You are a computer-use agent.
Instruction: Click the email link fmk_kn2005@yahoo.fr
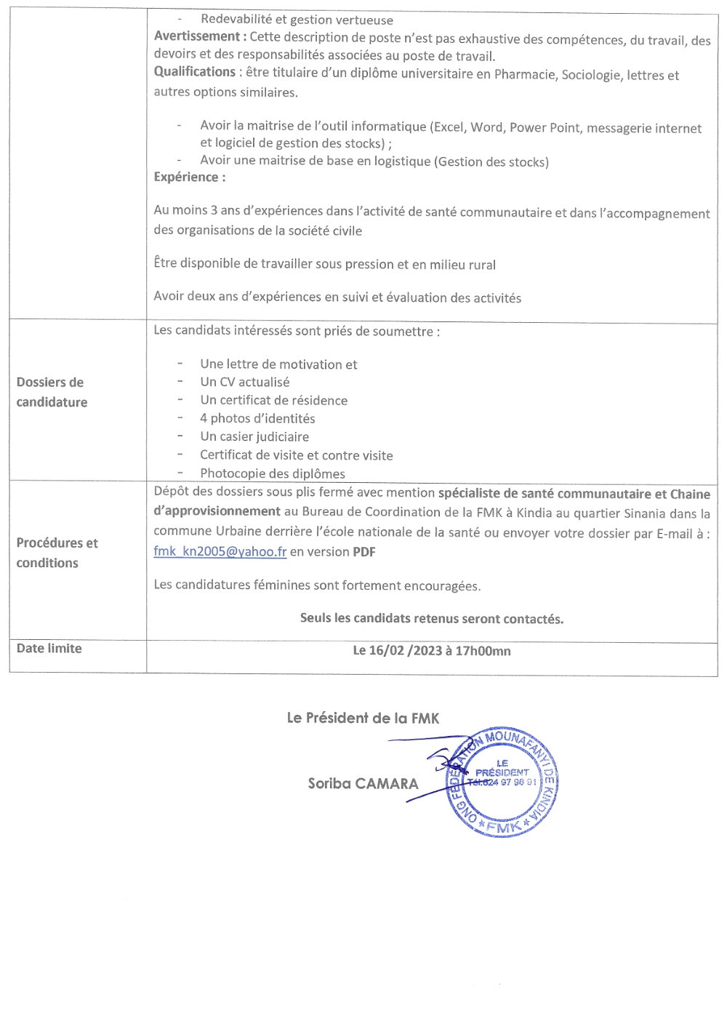point(220,551)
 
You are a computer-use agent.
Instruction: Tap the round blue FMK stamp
point(502,782)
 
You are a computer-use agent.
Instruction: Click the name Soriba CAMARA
point(363,784)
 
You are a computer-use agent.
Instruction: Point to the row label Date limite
point(49,649)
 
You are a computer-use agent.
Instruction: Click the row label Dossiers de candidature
point(52,392)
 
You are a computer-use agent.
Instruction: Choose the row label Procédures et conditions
point(57,553)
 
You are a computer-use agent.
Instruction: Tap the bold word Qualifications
point(194,72)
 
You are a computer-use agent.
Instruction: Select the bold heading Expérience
point(189,177)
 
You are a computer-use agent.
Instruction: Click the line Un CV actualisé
point(244,382)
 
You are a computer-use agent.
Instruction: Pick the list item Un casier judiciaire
point(254,436)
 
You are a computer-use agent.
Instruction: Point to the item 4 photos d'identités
point(257,418)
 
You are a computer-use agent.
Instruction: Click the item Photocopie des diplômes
point(273,473)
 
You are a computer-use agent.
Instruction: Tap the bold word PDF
point(364,551)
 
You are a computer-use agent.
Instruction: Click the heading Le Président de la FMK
point(363,718)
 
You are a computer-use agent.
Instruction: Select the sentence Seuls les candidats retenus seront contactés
point(432,619)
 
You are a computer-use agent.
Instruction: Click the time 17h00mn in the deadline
point(483,651)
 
